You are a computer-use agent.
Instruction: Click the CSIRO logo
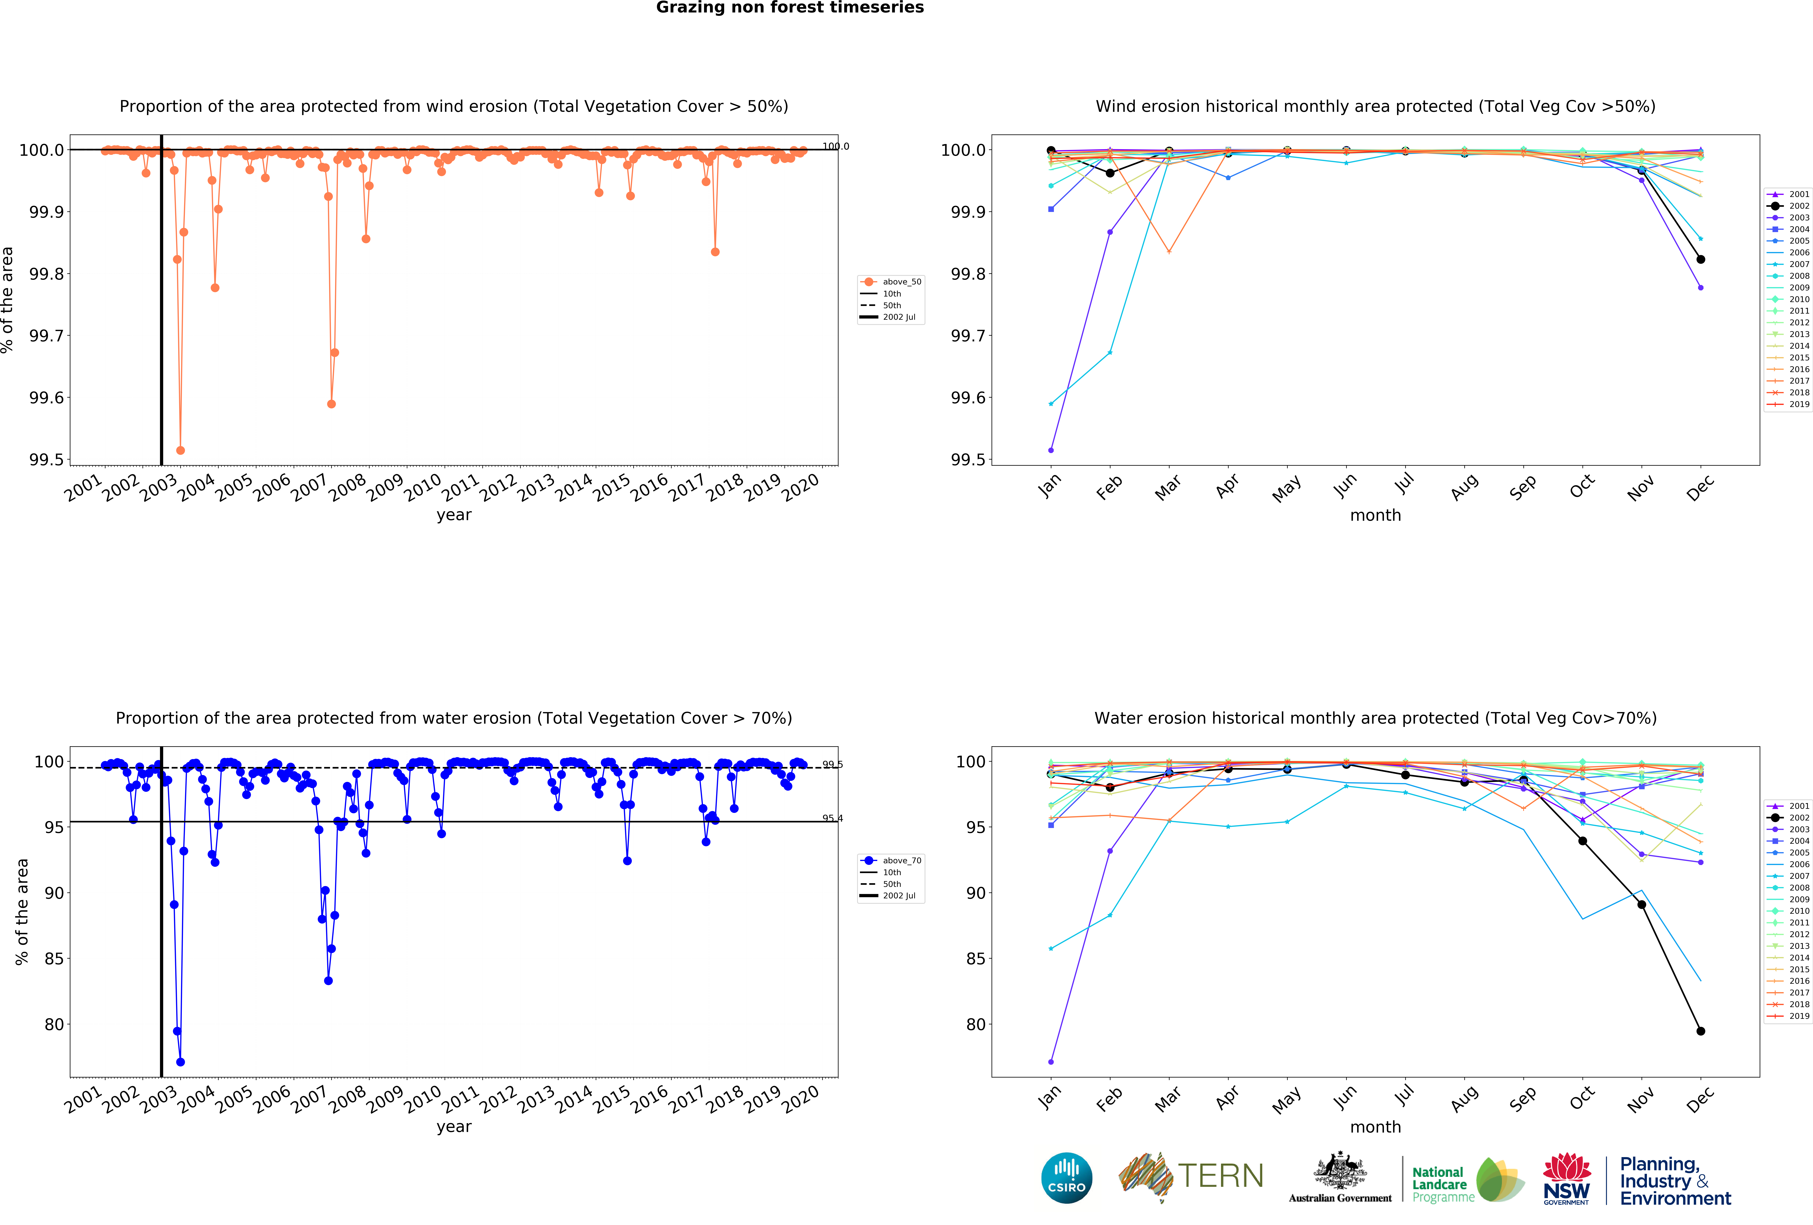(x=1066, y=1177)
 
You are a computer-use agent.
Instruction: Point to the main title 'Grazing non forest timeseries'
(x=789, y=8)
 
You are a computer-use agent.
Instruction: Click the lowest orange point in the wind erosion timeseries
(x=180, y=450)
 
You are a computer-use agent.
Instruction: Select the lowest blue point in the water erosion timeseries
(x=180, y=1062)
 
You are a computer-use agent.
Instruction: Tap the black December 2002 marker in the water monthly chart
(x=1701, y=1031)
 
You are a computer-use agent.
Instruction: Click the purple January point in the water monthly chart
(x=1051, y=1062)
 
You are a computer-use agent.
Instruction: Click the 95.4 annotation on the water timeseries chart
(x=832, y=818)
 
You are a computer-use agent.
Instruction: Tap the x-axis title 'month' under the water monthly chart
(x=1375, y=1127)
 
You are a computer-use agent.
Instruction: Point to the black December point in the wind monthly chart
(x=1701, y=259)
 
